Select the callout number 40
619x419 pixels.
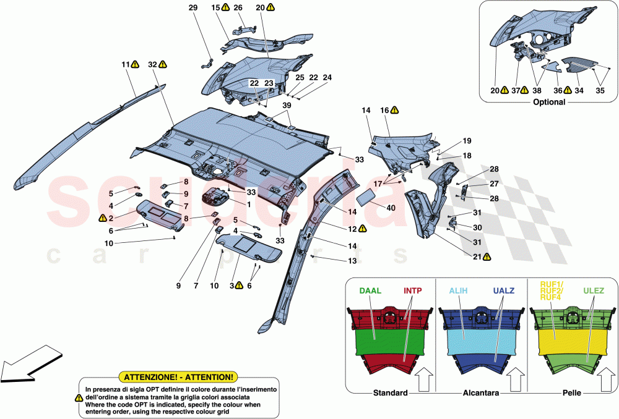391,208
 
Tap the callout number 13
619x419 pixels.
352,261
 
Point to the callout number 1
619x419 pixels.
248,205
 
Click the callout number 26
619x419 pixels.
238,7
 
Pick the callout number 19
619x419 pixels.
467,140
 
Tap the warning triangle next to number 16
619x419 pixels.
394,110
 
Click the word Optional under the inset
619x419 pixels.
548,102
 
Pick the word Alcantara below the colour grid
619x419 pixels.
480,393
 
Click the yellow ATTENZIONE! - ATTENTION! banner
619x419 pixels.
179,376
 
